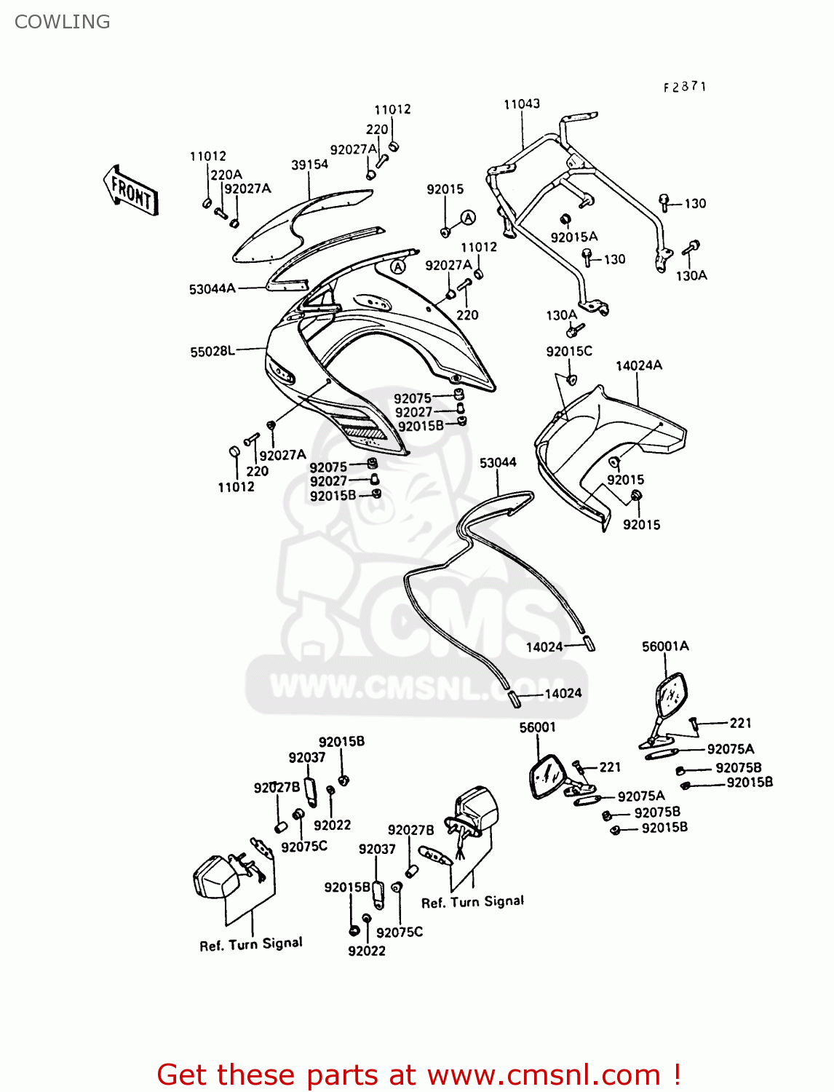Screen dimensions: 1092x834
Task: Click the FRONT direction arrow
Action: (x=131, y=191)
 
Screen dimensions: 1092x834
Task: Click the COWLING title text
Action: (x=63, y=22)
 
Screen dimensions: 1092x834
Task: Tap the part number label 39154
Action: (x=309, y=165)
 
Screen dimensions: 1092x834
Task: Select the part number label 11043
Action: (x=522, y=104)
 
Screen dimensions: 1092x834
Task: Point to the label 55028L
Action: (x=213, y=352)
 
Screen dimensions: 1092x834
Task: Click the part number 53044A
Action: (x=213, y=289)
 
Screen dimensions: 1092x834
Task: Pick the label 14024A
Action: (x=639, y=365)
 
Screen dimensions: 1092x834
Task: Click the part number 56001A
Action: (x=665, y=646)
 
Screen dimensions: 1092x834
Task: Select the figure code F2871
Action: (x=685, y=87)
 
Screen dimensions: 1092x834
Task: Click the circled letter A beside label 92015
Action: (x=468, y=218)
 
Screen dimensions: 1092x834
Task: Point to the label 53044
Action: (x=498, y=462)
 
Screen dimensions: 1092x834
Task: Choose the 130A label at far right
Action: (x=691, y=275)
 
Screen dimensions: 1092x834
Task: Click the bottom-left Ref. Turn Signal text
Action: (x=251, y=944)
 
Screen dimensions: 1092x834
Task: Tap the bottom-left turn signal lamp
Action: (x=216, y=877)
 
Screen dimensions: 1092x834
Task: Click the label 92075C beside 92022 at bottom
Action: (x=400, y=932)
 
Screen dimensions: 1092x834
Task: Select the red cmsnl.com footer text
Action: (x=418, y=1075)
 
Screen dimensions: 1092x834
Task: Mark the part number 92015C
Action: (x=569, y=351)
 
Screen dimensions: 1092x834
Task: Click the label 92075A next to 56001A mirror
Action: (x=731, y=749)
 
